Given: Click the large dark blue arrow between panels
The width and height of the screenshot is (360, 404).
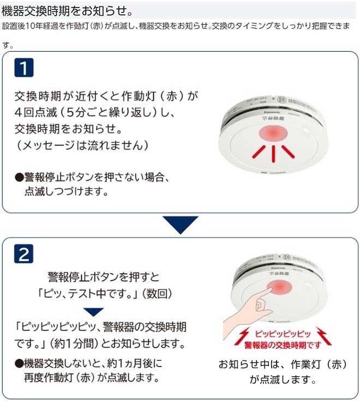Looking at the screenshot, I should pyautogui.click(x=180, y=224).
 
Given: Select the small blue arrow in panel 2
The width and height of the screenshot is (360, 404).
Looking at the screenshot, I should pyautogui.click(x=94, y=312).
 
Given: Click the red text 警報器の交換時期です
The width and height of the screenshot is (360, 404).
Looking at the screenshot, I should pyautogui.click(x=281, y=345).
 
